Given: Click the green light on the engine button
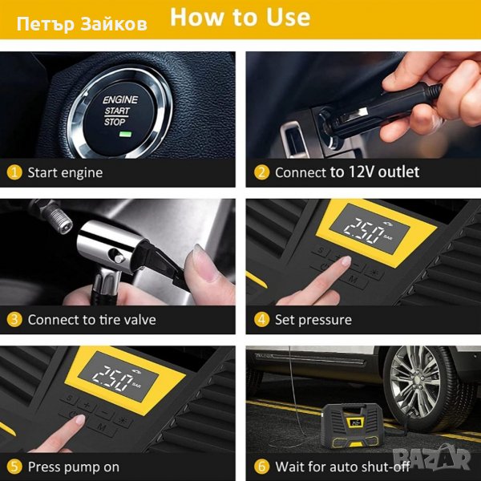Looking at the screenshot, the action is pyautogui.click(x=125, y=134).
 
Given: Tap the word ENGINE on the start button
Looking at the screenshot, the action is pyautogui.click(x=120, y=99).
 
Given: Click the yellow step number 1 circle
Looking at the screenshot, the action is pyautogui.click(x=14, y=172).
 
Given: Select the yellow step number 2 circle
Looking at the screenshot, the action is pyautogui.click(x=261, y=172).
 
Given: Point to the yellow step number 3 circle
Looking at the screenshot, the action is pyautogui.click(x=14, y=320).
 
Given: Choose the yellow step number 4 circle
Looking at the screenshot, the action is pyautogui.click(x=261, y=320).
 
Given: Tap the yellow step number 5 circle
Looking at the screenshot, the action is pyautogui.click(x=14, y=467).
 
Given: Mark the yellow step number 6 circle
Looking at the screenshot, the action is pyautogui.click(x=261, y=467).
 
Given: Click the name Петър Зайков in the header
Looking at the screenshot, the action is pyautogui.click(x=82, y=24).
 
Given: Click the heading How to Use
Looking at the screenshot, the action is pyautogui.click(x=240, y=17).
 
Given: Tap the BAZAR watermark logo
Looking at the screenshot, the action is pyautogui.click(x=432, y=458).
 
